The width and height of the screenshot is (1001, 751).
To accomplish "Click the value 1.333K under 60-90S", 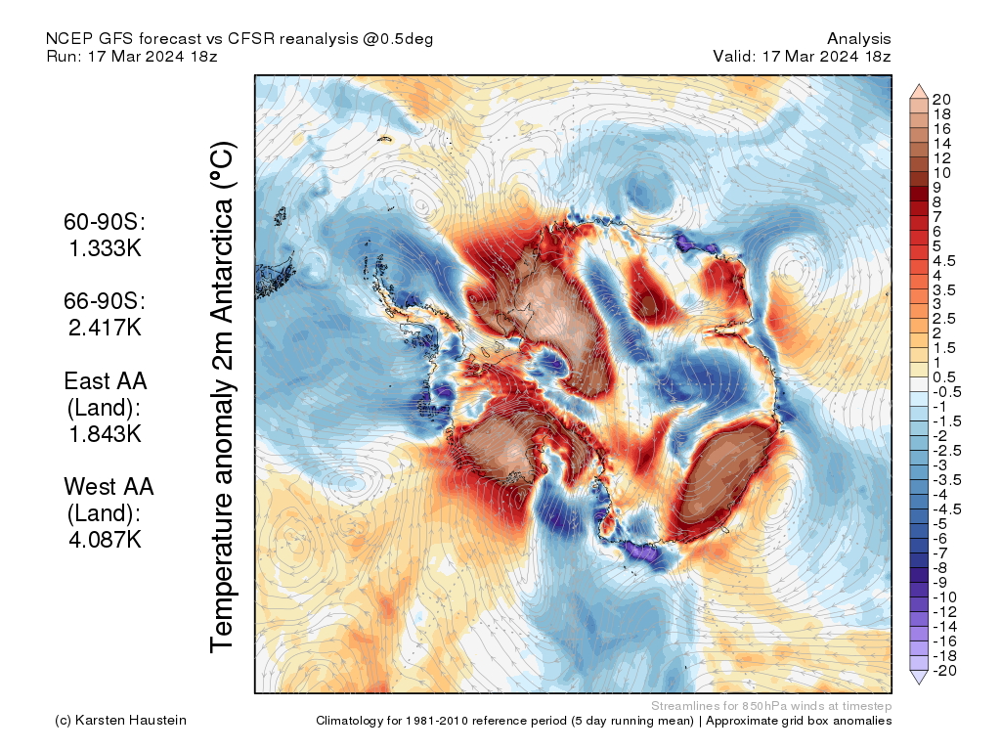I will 105,248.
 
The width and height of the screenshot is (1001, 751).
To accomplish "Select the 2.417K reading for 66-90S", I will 105,327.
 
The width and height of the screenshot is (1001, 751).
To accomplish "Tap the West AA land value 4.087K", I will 105,538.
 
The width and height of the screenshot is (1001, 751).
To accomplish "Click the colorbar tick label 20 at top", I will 941,99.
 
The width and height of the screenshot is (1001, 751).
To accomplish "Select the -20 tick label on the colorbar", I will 943,670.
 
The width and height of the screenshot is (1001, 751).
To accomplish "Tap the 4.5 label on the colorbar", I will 944,260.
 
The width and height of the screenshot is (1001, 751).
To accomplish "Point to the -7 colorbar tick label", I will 939,552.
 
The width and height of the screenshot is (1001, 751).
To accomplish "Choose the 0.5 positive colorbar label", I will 944,377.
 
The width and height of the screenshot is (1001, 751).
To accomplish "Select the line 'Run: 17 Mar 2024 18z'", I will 131,57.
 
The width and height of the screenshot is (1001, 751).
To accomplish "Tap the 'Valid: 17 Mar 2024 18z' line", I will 802,57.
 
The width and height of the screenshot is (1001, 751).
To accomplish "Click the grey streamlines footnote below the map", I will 770,705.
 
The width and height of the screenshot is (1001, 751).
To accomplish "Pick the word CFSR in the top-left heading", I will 252,39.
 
